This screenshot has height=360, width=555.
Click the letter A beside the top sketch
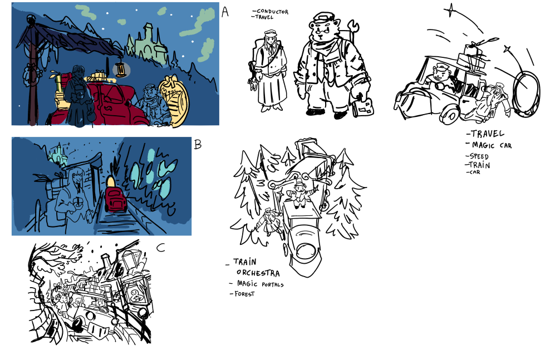pyautogui.click(x=225, y=12)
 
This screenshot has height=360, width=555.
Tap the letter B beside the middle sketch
pyautogui.click(x=198, y=144)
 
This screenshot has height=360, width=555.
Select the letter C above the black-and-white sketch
pyautogui.click(x=161, y=248)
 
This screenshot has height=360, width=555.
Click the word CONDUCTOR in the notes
pyautogui.click(x=272, y=11)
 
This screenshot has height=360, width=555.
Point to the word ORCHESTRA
pyautogui.click(x=258, y=273)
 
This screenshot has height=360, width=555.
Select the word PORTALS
pyautogui.click(x=273, y=284)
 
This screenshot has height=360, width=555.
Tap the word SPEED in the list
pyautogui.click(x=479, y=156)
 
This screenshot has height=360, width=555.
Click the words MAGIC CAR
pyautogui.click(x=492, y=145)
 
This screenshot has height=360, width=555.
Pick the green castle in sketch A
pyautogui.click(x=148, y=44)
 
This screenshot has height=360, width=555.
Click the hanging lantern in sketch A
pyautogui.click(x=121, y=70)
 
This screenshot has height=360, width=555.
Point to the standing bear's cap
pyautogui.click(x=324, y=17)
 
